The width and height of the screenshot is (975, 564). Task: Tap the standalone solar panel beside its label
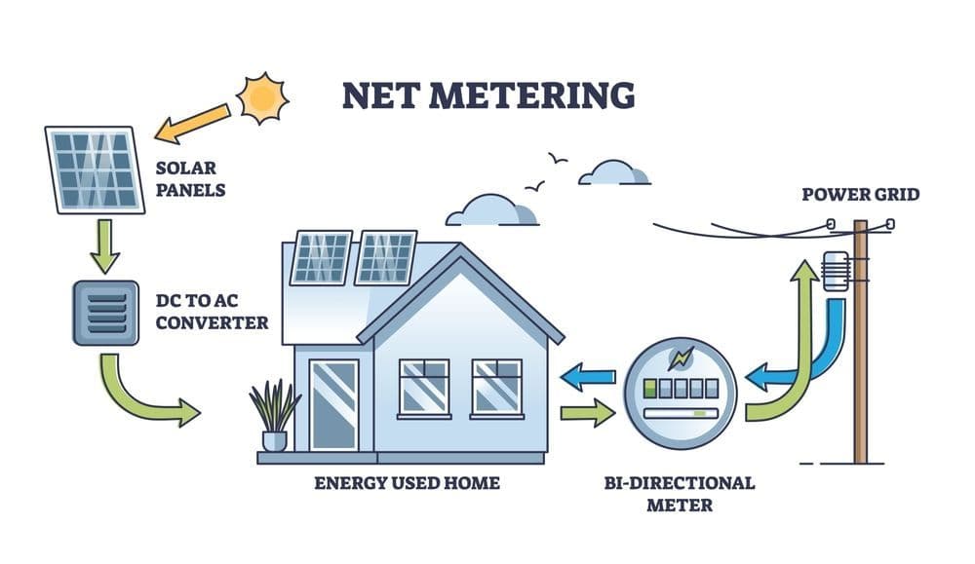[x=94, y=169]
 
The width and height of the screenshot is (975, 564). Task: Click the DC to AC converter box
[x=105, y=313]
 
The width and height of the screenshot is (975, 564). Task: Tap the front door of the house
[x=333, y=405]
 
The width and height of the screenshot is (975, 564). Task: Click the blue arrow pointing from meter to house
[x=591, y=376]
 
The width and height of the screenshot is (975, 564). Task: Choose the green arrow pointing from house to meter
[x=588, y=413]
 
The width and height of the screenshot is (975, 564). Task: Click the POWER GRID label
[x=860, y=195]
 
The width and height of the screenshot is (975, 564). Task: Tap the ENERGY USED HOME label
[x=407, y=482]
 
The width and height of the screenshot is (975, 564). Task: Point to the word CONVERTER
[x=212, y=321]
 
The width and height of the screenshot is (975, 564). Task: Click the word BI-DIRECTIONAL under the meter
[x=681, y=483]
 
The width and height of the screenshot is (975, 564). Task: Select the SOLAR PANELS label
[x=191, y=178]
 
